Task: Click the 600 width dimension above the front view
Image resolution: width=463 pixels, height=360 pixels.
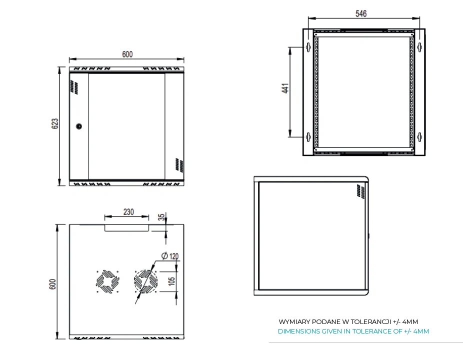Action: (x=127, y=54)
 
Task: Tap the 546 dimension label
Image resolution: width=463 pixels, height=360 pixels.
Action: (x=361, y=14)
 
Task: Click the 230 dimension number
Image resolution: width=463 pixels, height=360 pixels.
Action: (x=128, y=211)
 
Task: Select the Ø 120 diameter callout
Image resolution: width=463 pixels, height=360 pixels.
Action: (x=170, y=256)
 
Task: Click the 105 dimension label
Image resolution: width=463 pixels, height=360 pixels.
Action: (x=172, y=281)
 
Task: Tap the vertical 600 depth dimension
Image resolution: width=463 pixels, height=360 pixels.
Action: (x=52, y=283)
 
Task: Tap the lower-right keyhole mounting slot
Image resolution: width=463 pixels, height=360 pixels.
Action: (x=420, y=136)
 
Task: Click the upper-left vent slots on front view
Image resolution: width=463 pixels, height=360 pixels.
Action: (x=73, y=87)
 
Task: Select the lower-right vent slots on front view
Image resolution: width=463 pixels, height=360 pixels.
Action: (x=176, y=165)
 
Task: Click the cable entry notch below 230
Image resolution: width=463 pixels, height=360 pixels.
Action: (x=127, y=228)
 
